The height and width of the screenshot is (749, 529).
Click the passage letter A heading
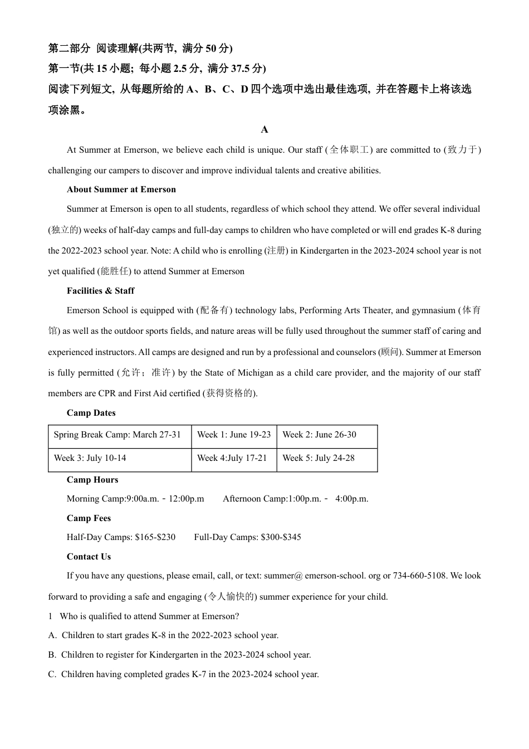click(264, 130)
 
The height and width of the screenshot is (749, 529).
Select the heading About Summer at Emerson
click(121, 189)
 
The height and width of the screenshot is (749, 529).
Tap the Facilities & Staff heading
click(100, 291)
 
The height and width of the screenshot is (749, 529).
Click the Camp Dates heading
click(91, 413)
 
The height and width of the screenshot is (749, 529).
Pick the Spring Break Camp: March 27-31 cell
click(117, 435)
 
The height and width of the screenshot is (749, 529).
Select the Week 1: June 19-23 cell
click(234, 435)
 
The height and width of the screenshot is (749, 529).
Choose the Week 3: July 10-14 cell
click(90, 458)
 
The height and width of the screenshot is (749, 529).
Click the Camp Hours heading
click(92, 480)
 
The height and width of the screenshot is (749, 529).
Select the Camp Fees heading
click(89, 518)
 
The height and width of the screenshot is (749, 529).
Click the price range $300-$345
click(281, 537)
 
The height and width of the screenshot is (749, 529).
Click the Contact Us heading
click(89, 557)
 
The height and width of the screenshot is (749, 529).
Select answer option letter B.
click(52, 655)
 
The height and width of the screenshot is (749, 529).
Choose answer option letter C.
click(52, 674)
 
